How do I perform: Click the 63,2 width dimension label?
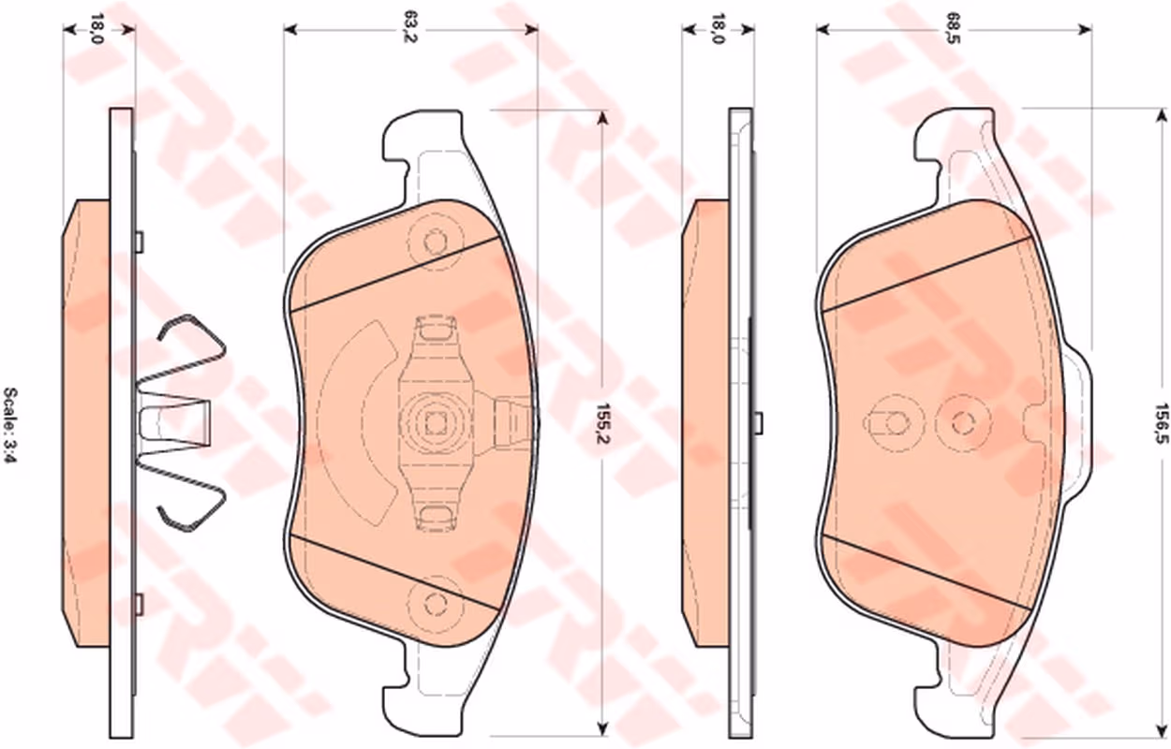click(x=410, y=29)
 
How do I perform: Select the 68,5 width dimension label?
click(x=954, y=29)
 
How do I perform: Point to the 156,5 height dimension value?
click(x=1161, y=423)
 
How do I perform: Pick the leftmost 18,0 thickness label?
click(x=96, y=29)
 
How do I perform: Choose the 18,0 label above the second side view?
click(x=718, y=29)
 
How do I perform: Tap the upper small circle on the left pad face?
click(x=435, y=242)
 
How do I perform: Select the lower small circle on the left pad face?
click(x=435, y=604)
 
